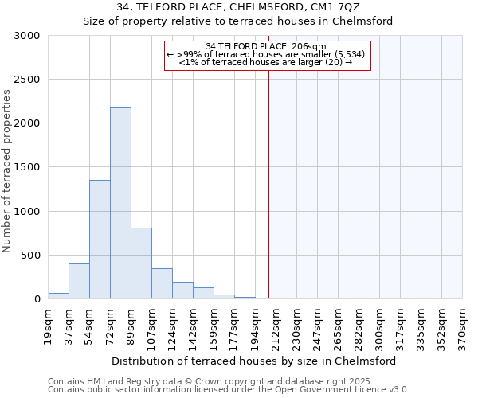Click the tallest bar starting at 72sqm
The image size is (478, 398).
pos(120,203)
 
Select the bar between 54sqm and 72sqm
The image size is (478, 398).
pos(100,239)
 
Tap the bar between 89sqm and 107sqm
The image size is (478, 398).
pos(141,263)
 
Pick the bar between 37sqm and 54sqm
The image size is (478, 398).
pos(79,281)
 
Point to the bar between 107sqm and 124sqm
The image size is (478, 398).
pos(162,283)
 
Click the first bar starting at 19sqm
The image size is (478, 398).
pos(58,295)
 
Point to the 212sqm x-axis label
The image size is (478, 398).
pos(276,327)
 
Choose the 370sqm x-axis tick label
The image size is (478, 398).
pos(462,327)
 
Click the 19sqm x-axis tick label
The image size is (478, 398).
pos(48,327)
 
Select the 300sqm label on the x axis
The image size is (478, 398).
pos(379,327)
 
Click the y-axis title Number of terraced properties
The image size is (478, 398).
pos(7,171)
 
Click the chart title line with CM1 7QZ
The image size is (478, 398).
pos(238,7)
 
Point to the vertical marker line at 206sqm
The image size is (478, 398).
pos(268,183)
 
